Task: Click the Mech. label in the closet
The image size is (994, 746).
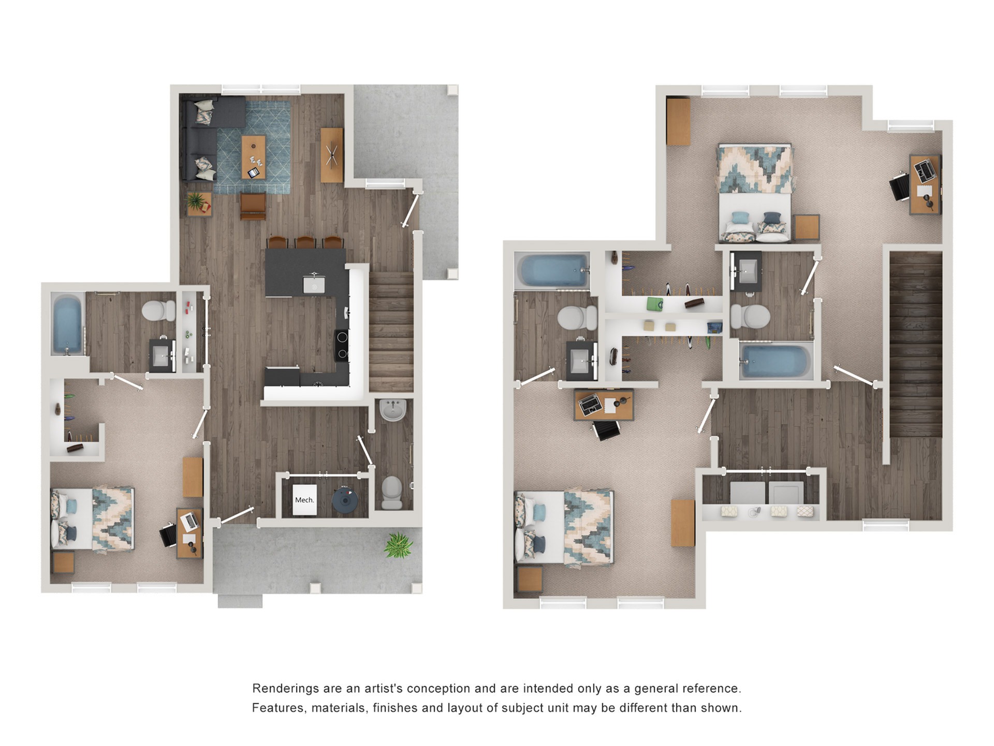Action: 304,500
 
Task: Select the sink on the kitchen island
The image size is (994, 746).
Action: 314,284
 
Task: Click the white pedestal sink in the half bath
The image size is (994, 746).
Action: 393,411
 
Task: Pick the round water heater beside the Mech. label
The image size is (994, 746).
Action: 345,500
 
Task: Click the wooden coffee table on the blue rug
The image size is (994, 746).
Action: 254,156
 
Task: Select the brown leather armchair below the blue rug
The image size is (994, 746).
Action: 253,206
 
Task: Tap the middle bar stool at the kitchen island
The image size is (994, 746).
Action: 305,242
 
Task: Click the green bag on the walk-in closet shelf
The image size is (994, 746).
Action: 655,304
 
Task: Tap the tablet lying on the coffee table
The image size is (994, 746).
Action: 254,173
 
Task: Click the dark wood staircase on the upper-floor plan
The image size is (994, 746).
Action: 915,345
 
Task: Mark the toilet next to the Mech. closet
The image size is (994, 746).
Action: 392,493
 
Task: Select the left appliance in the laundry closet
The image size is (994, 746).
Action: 748,493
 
